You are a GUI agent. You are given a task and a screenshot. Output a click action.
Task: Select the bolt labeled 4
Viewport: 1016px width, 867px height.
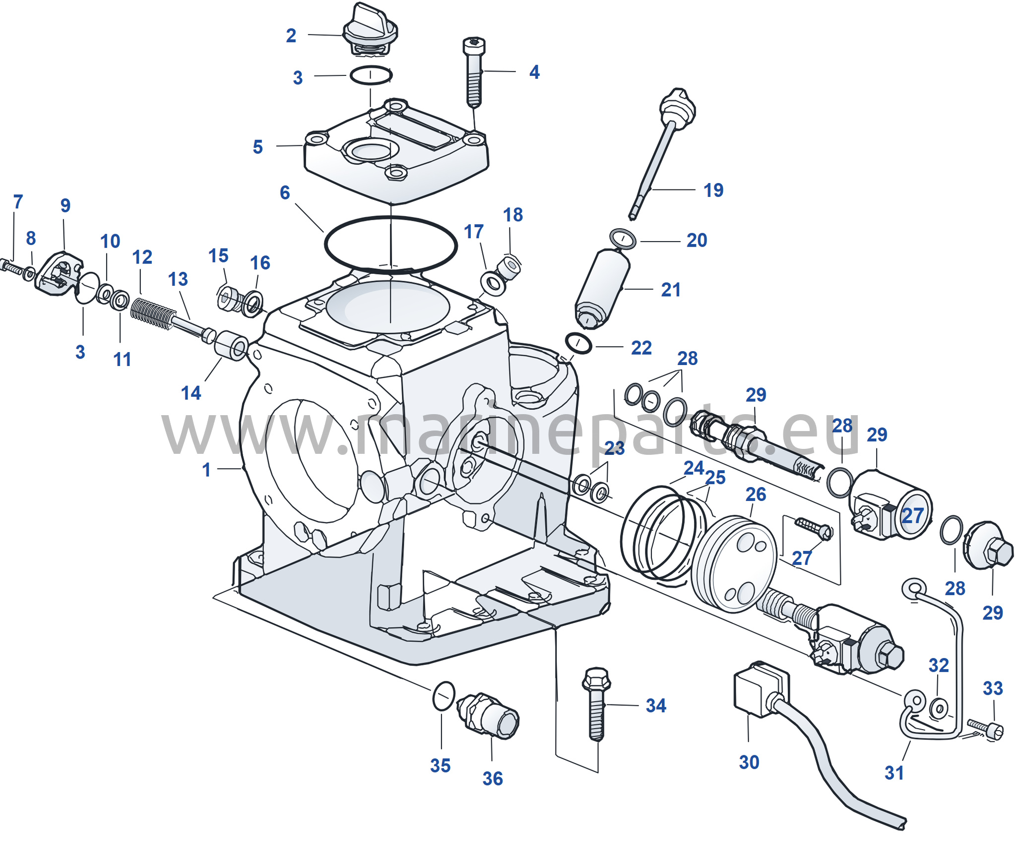coord(474,72)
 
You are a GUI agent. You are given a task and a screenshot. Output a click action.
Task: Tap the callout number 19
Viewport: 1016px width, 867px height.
coord(713,190)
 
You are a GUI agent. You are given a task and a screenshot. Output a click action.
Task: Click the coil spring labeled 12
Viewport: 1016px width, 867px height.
coord(153,312)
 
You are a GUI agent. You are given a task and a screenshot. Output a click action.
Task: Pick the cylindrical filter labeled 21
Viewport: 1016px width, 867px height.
coord(602,289)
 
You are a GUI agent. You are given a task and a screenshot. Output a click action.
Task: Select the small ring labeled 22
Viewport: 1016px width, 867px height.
coord(578,343)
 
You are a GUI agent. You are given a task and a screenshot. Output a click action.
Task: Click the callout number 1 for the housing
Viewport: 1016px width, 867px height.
coord(206,470)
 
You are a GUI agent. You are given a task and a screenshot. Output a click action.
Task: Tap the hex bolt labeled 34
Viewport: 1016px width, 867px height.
coord(596,704)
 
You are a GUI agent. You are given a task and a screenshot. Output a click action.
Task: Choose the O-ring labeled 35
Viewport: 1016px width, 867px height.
coord(444,696)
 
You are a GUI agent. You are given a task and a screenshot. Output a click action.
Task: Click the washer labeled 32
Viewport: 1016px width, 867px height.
coord(939,708)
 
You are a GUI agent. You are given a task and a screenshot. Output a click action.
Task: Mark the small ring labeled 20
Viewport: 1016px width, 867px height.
coord(623,239)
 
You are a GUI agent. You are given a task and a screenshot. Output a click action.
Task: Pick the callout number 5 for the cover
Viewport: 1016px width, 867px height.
coord(257,147)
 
